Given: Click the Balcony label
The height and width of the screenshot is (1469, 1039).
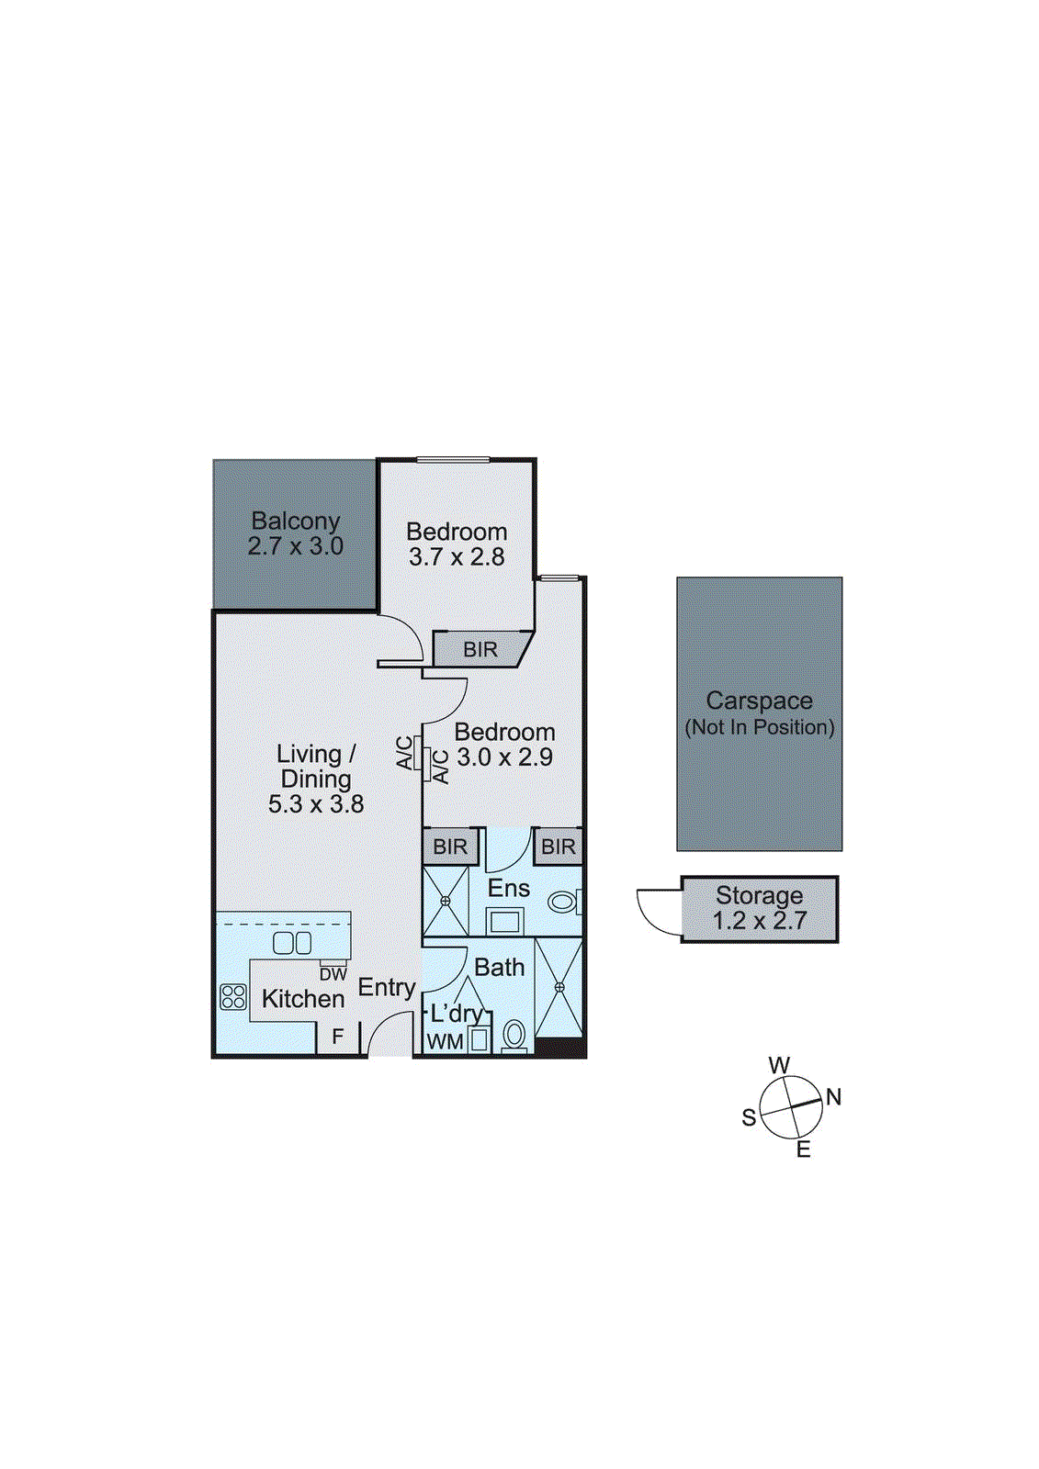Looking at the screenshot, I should pyautogui.click(x=296, y=521).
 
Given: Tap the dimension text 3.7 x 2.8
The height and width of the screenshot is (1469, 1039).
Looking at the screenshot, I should pyautogui.click(x=457, y=556).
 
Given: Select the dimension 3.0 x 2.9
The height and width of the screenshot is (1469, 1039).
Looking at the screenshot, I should pyautogui.click(x=504, y=757).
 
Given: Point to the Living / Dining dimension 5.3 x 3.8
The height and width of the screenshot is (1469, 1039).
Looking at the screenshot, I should pyautogui.click(x=316, y=804).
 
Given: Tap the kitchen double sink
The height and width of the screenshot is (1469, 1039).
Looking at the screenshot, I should pyautogui.click(x=292, y=942).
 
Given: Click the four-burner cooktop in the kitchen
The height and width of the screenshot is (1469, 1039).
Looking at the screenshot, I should pyautogui.click(x=233, y=997).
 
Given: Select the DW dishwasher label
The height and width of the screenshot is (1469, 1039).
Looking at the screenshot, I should pyautogui.click(x=333, y=974).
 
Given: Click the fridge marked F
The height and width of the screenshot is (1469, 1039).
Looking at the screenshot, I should pyautogui.click(x=337, y=1037).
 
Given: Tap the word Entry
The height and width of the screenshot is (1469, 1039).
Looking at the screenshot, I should pyautogui.click(x=387, y=987).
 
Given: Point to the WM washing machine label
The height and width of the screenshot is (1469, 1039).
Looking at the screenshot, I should pyautogui.click(x=445, y=1042).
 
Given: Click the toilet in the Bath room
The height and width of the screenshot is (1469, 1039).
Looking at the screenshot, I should pyautogui.click(x=514, y=1037).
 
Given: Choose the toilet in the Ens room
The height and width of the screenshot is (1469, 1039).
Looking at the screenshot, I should pyautogui.click(x=562, y=902).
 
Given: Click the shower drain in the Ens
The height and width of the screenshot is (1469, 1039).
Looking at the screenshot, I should pyautogui.click(x=446, y=901).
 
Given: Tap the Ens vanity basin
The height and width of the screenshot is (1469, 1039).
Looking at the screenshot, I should pyautogui.click(x=503, y=921).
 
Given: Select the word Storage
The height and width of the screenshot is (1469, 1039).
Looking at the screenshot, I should pyautogui.click(x=759, y=894).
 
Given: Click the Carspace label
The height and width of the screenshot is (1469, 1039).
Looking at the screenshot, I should pyautogui.click(x=759, y=701).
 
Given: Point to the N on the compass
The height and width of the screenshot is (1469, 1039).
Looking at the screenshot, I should pyautogui.click(x=833, y=1096).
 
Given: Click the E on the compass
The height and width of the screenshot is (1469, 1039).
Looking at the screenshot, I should pyautogui.click(x=803, y=1149).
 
